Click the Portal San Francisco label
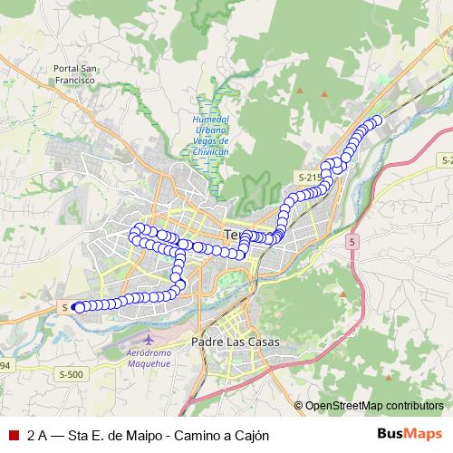click(x=75, y=73)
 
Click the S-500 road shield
click(x=72, y=373)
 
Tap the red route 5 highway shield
click(x=352, y=242)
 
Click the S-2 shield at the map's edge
click(x=444, y=159)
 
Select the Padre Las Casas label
click(x=236, y=342)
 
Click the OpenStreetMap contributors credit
click(x=373, y=405)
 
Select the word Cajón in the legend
click(x=251, y=435)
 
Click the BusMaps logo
click(x=410, y=434)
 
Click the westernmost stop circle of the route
click(x=79, y=307)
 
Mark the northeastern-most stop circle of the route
click(x=378, y=120)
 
